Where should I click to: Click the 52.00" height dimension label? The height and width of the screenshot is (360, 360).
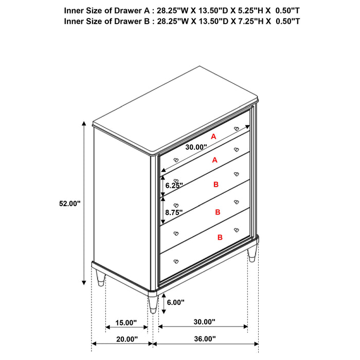click(70, 204)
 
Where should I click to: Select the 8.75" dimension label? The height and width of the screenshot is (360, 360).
click(174, 211)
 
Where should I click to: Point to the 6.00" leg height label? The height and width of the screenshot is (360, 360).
click(175, 302)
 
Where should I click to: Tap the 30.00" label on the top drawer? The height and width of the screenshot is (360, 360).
click(196, 147)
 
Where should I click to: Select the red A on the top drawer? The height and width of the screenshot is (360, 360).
click(213, 136)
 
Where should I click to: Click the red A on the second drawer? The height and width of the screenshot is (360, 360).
click(215, 160)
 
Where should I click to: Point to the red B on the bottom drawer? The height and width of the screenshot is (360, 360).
click(220, 238)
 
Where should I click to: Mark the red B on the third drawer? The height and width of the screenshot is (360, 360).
click(215, 183)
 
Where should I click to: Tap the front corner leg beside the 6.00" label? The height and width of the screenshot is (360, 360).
click(153, 304)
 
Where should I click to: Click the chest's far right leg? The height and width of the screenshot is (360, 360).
click(251, 255)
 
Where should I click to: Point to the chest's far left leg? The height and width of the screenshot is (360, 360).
click(100, 279)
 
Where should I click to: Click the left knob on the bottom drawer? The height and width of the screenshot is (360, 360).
click(175, 260)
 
